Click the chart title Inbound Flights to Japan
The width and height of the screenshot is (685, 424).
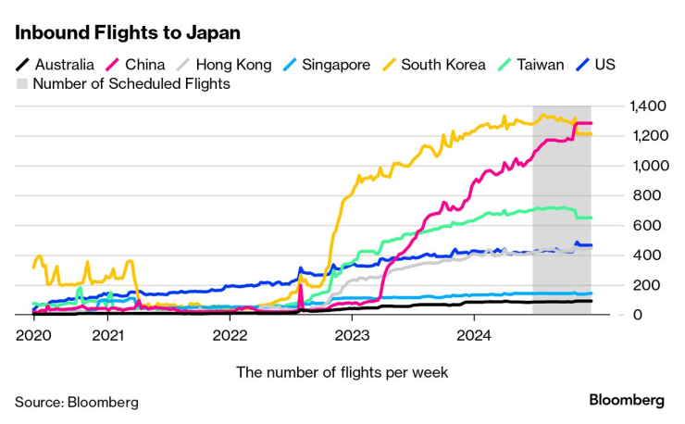[128, 32]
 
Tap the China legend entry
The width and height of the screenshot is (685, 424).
[135, 65]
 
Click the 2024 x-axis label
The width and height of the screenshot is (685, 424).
[475, 334]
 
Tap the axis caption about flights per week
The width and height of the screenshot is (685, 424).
[342, 372]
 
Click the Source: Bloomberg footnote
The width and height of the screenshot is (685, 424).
[76, 402]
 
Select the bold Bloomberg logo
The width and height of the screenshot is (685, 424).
[627, 401]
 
